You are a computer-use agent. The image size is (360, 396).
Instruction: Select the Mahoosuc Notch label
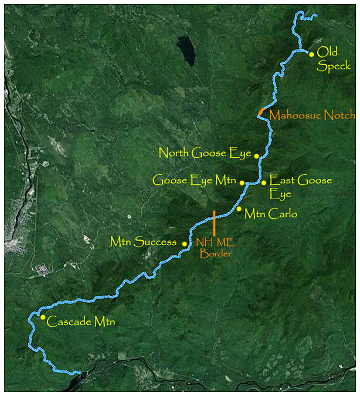313,115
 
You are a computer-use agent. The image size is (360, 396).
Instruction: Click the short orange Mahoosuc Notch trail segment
260,111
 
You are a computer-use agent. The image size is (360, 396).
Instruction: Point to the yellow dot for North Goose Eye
256,155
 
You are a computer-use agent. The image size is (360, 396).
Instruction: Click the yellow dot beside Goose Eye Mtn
242,183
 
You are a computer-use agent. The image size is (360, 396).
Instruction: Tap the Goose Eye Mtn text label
195,180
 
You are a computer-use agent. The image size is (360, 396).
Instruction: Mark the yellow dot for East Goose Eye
264,182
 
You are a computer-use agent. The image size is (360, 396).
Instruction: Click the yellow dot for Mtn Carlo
239,209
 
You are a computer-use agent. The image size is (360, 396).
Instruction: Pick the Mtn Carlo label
271,214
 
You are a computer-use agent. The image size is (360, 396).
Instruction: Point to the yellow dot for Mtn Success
185,243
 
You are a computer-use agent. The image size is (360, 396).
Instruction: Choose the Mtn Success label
144,242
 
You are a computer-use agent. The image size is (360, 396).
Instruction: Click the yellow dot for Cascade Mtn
43,317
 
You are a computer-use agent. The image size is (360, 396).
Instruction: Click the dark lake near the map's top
186,50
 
